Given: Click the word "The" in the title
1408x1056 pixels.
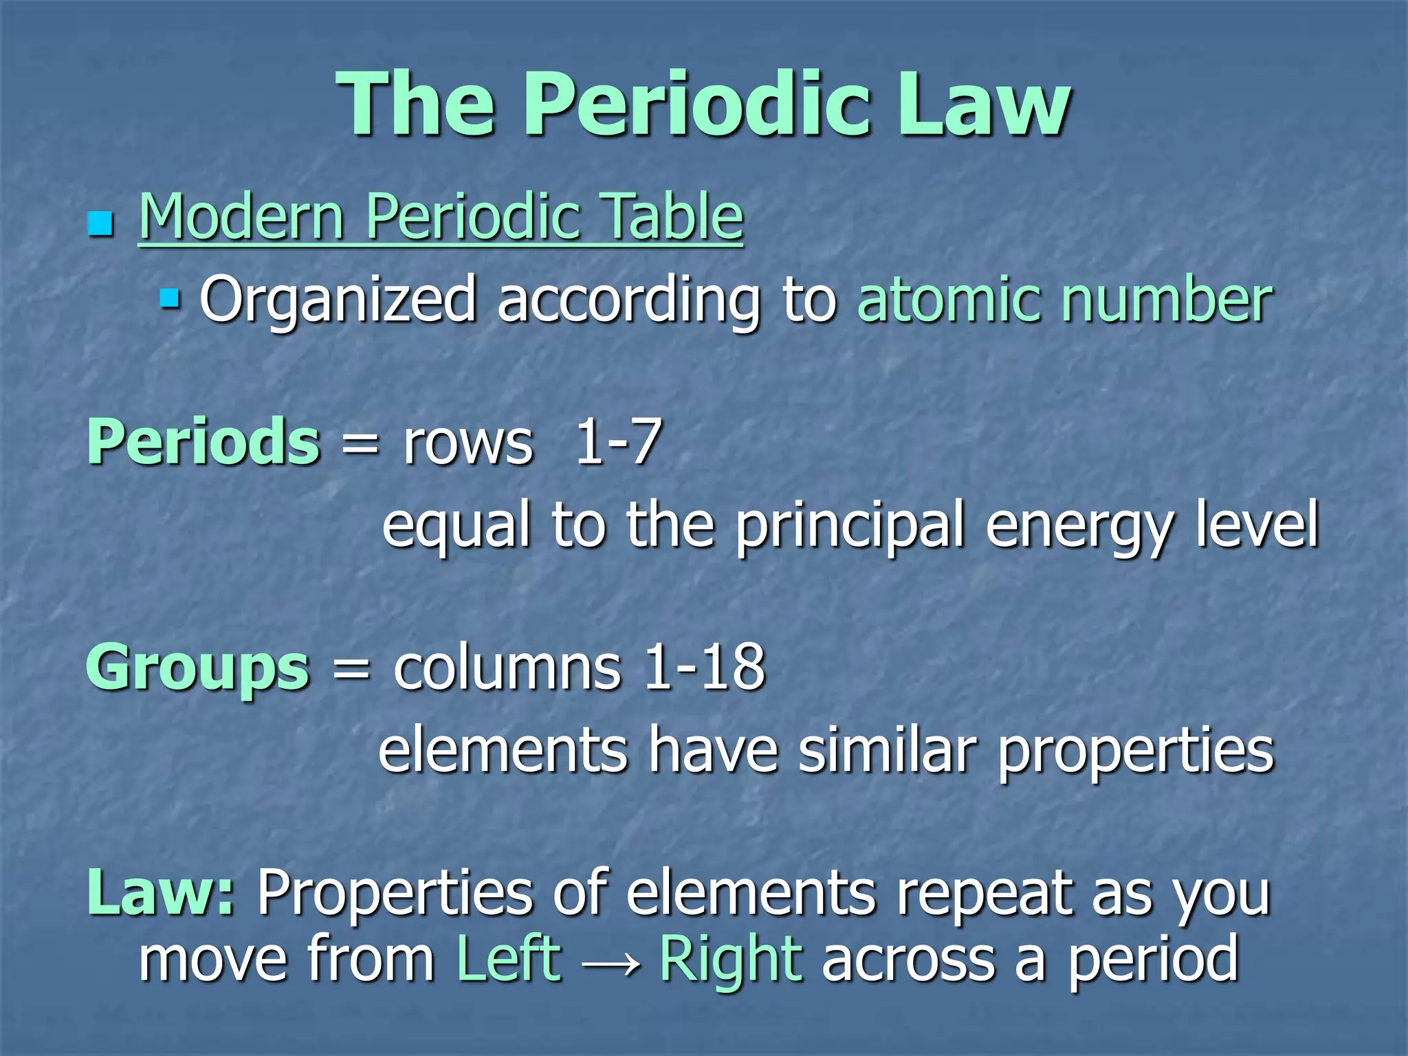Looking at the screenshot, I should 416,104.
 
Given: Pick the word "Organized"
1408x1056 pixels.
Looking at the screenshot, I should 338,300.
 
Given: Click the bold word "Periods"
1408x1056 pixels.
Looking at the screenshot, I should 203,441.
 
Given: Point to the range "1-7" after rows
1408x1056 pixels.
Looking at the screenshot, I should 618,441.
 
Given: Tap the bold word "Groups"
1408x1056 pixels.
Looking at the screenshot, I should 198,668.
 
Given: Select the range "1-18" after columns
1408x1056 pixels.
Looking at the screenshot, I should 704,667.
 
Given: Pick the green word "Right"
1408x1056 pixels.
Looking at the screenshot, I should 731,960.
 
